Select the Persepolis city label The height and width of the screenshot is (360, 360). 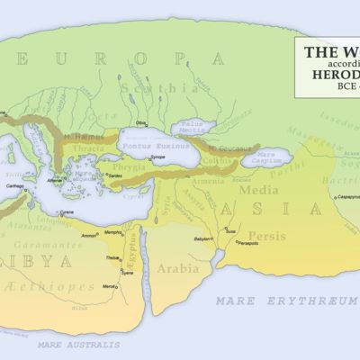coord(247,243)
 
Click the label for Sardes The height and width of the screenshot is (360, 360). coord(117,175)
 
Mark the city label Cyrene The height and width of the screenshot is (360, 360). coord(67,211)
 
